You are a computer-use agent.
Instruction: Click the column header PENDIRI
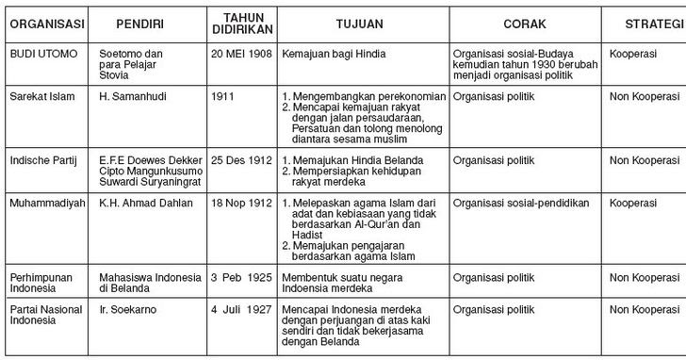click(x=142, y=22)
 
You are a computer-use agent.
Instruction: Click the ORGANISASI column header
click(x=48, y=22)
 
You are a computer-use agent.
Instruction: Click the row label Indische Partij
click(x=42, y=161)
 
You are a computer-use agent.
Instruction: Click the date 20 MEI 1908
click(x=241, y=55)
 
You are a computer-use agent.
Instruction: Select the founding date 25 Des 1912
click(x=241, y=161)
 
